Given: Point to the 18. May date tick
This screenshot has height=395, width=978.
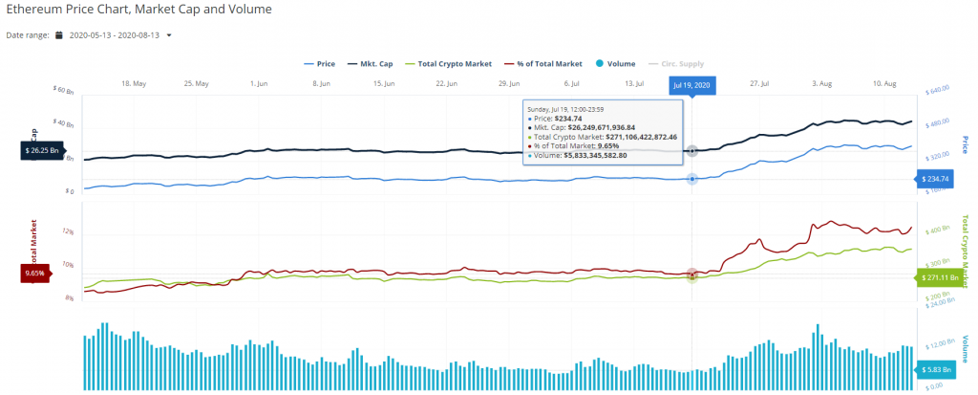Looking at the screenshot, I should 134,84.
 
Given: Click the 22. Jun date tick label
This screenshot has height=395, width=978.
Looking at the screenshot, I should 446,84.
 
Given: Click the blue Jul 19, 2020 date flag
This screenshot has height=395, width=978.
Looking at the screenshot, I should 692,84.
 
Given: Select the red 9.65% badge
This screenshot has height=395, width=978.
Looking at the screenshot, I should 34,274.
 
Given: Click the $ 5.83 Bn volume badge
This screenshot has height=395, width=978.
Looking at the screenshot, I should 938,369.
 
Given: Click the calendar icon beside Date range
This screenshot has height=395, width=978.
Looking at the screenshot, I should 59,35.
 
